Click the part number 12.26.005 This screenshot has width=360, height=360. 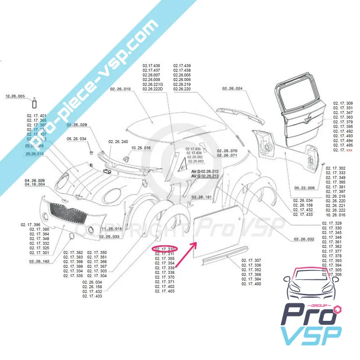pyautogui.click(x=15, y=96)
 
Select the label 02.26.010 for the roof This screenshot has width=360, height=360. pyautogui.click(x=120, y=89)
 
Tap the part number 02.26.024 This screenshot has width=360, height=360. pyautogui.click(x=232, y=89)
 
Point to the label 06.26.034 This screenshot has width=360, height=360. pyautogui.click(x=77, y=139)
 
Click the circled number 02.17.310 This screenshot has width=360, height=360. pyautogui.click(x=165, y=248)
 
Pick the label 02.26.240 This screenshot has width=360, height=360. pyautogui.click(x=118, y=142)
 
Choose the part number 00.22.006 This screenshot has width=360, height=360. pyautogui.click(x=304, y=188)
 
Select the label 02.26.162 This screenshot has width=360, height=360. pyautogui.click(x=39, y=261)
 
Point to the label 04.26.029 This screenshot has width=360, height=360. pyautogui.click(x=35, y=180)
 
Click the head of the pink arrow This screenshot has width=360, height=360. pyautogui.click(x=195, y=243)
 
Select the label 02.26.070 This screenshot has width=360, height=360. pyautogui.click(x=227, y=150)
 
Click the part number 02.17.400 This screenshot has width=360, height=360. pyautogui.click(x=251, y=284)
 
